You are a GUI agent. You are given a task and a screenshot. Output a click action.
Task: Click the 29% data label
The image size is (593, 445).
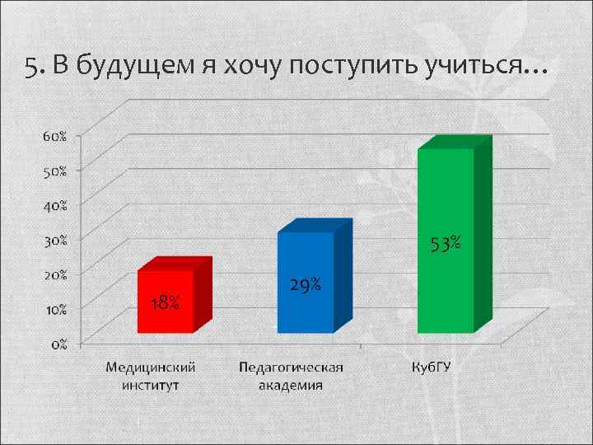305,286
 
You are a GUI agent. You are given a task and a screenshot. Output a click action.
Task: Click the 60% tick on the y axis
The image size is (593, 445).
56,136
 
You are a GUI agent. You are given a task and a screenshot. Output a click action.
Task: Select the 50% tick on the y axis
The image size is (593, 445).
56,170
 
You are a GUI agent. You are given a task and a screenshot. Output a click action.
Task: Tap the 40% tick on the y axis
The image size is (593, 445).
56,204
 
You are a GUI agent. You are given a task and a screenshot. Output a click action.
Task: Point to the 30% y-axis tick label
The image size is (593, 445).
56,239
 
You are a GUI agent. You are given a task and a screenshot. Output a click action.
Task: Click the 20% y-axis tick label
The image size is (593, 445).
56,274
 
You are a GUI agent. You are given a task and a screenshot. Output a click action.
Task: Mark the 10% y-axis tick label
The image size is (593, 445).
56,308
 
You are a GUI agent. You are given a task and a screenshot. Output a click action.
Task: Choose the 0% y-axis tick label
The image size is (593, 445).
59,344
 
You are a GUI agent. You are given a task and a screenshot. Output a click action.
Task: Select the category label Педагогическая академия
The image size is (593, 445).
291,375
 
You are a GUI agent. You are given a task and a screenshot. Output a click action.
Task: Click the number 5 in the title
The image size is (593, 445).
30,67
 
